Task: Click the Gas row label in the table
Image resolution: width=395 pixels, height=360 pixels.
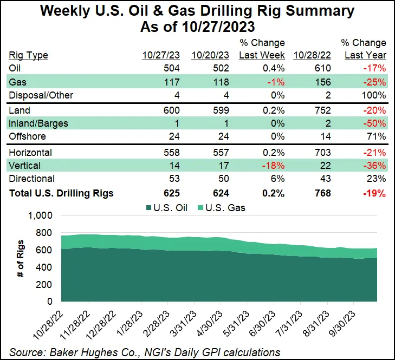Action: coord(18,82)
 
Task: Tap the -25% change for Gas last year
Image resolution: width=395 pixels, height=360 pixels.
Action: coord(375,82)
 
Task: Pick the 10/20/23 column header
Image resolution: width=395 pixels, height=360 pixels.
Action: coord(211,55)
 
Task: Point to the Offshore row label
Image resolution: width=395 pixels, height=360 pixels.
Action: coord(28,137)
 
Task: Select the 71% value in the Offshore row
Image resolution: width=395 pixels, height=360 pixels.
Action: coord(377,137)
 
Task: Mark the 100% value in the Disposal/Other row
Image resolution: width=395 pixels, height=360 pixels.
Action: coord(375,96)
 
